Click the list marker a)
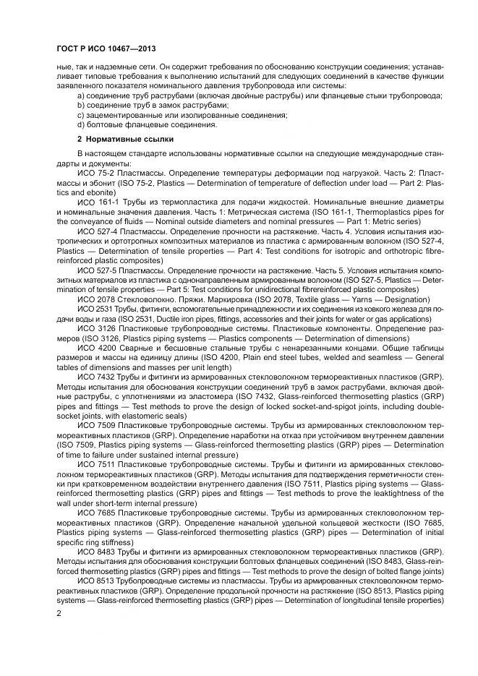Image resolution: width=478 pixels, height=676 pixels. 81,95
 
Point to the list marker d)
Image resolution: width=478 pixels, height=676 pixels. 81,124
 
